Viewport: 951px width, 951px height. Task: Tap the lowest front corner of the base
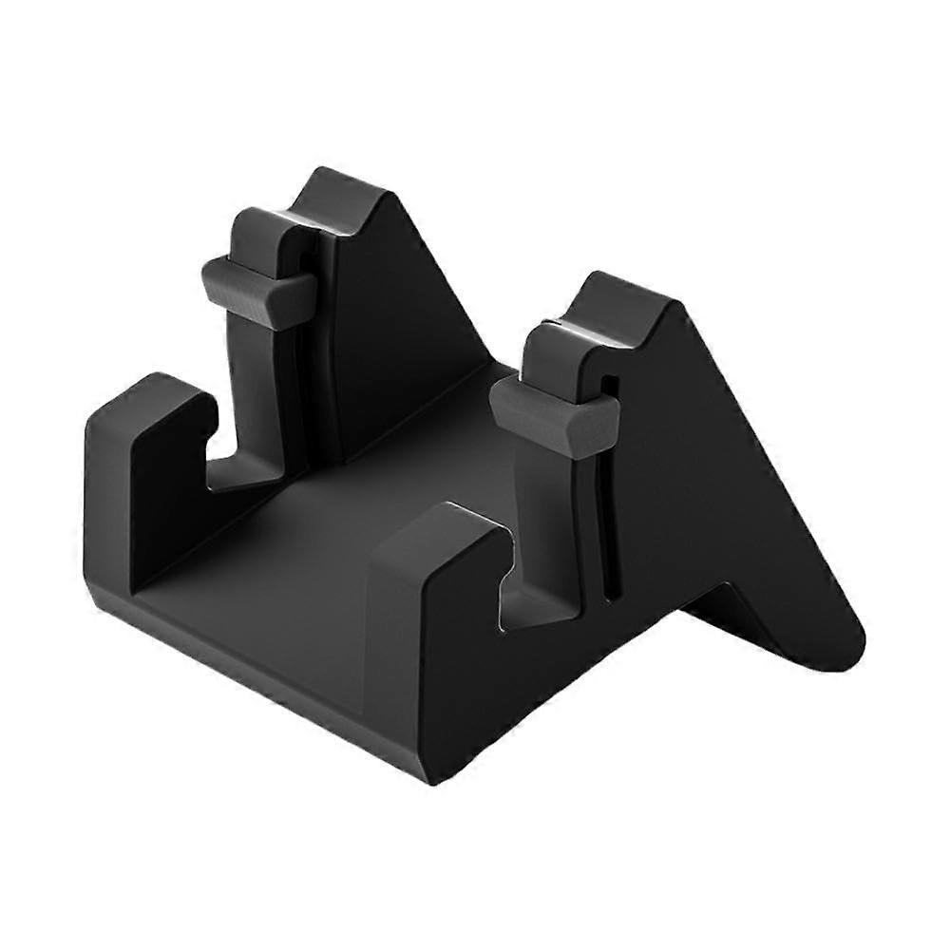coord(428,779)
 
